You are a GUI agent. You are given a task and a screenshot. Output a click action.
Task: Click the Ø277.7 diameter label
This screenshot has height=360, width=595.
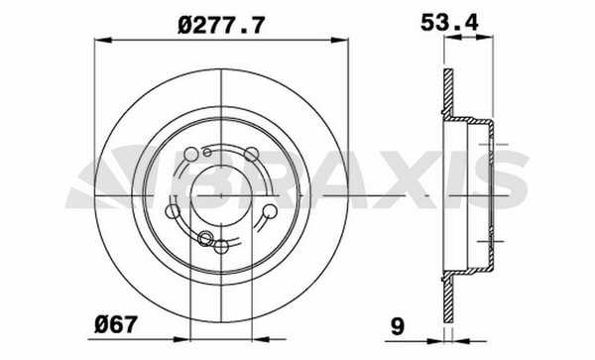pyautogui.click(x=220, y=26)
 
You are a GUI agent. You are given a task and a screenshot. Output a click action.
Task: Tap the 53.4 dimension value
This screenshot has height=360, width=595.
pyautogui.click(x=449, y=23)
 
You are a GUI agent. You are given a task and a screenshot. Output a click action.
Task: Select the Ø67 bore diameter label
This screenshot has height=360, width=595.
pyautogui.click(x=115, y=325)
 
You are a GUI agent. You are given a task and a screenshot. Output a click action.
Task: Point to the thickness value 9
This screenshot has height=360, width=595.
pyautogui.click(x=398, y=326)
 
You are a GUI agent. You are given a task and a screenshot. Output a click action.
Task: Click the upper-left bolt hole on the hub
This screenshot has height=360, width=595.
pyautogui.click(x=190, y=155)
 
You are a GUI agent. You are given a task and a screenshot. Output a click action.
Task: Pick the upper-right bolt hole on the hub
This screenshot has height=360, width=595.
pyautogui.click(x=251, y=154)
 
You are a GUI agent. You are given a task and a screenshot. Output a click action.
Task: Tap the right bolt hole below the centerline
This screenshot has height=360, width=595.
pyautogui.click(x=270, y=211)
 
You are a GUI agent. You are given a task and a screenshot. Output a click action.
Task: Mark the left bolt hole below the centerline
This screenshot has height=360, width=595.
pyautogui.click(x=173, y=211)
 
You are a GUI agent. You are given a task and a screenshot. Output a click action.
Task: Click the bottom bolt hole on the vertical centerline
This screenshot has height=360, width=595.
pyautogui.click(x=221, y=247)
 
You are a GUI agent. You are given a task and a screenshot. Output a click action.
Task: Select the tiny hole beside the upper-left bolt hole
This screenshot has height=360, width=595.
pyautogui.click(x=207, y=153)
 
